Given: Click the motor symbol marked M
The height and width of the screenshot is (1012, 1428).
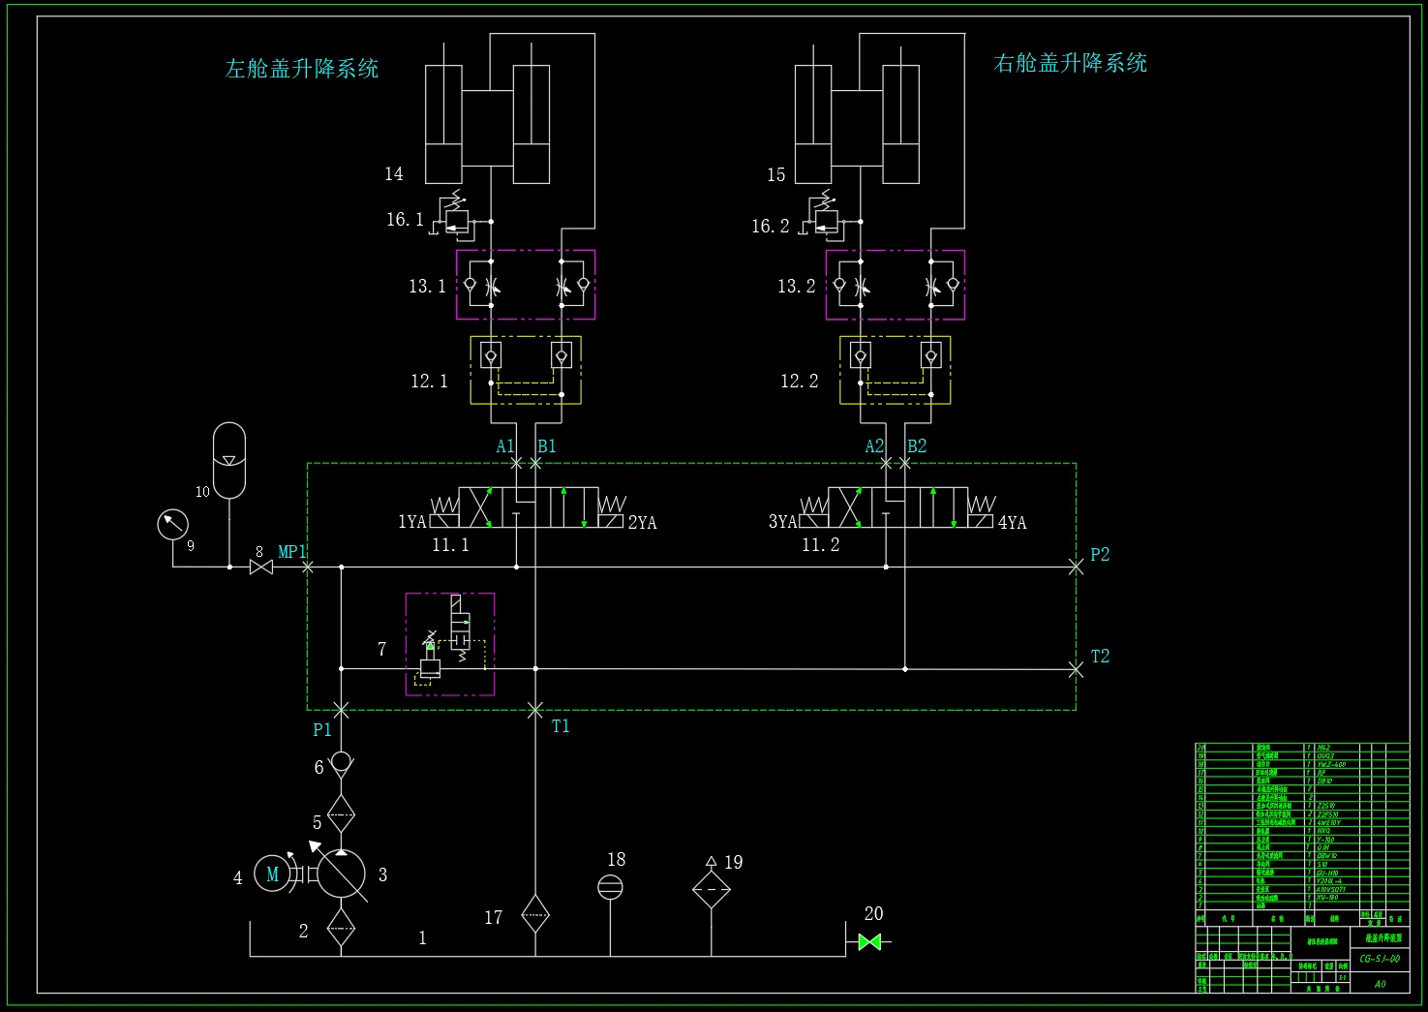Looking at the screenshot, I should pyautogui.click(x=272, y=874).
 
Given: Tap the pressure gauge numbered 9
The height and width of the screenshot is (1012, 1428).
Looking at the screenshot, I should pyautogui.click(x=172, y=524).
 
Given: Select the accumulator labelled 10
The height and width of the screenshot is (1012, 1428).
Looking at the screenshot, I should pyautogui.click(x=229, y=460).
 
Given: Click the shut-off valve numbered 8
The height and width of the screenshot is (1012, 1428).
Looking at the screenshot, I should pyautogui.click(x=260, y=567).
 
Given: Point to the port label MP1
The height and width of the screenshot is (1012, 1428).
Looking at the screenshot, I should pyautogui.click(x=291, y=552).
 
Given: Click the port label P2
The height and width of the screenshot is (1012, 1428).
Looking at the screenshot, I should pyautogui.click(x=1100, y=555).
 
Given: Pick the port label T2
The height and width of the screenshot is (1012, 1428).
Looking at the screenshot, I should pyautogui.click(x=1100, y=657).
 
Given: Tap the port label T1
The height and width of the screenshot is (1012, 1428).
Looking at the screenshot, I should pyautogui.click(x=561, y=726).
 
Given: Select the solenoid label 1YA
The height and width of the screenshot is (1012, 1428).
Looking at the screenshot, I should pyautogui.click(x=412, y=522).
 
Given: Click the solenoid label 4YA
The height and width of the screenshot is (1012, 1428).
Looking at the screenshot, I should pyautogui.click(x=1013, y=523).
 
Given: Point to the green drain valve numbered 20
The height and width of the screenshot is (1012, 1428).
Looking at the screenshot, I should pyautogui.click(x=869, y=941).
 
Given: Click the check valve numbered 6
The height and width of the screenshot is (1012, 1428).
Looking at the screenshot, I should pyautogui.click(x=341, y=762).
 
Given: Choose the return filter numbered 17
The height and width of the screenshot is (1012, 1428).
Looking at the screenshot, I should pyautogui.click(x=535, y=913).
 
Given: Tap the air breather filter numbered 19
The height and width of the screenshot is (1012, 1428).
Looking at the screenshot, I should pyautogui.click(x=712, y=888).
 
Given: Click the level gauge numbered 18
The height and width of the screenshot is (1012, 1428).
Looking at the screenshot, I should pyautogui.click(x=610, y=886).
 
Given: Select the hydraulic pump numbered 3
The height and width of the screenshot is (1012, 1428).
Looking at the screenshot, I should pyautogui.click(x=341, y=874).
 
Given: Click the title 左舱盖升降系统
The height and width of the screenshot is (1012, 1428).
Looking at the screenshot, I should pyautogui.click(x=302, y=69).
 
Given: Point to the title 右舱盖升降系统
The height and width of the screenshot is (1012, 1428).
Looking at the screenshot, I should pyautogui.click(x=1071, y=64).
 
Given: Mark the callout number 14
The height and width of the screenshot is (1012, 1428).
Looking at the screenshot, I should pyautogui.click(x=394, y=174).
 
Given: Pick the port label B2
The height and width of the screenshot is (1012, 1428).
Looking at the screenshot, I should pyautogui.click(x=917, y=446).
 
